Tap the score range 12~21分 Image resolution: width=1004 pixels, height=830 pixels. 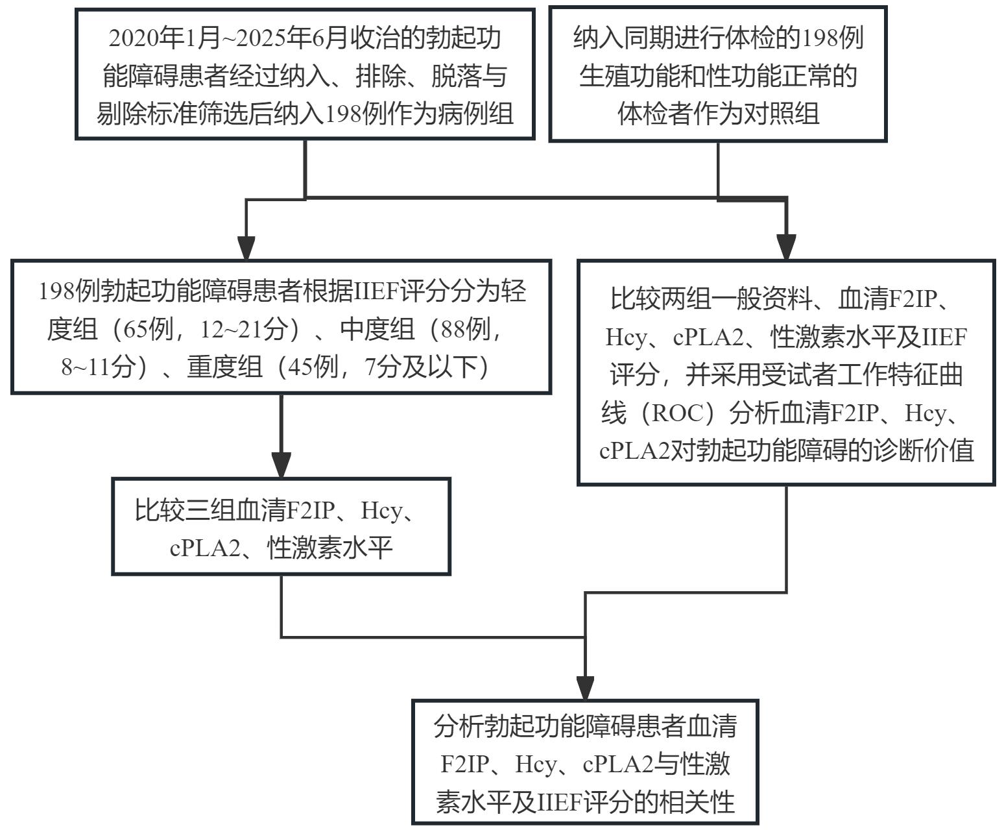pyautogui.click(x=244, y=330)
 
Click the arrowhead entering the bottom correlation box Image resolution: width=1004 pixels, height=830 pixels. pyautogui.click(x=585, y=688)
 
